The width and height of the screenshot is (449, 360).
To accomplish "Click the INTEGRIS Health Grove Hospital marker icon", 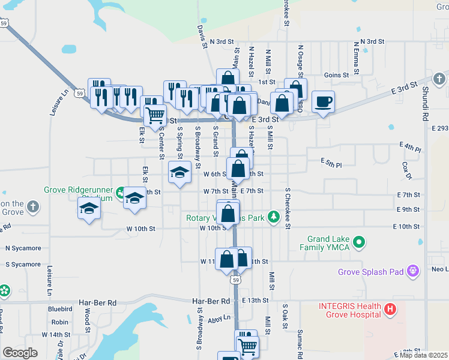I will point(390,310).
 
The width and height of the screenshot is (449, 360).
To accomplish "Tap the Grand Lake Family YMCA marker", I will point(360,242).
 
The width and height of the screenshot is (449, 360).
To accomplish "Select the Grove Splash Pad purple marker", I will point(412,272).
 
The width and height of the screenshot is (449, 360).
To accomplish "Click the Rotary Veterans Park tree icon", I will point(274,216).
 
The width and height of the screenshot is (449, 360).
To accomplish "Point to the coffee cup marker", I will point(323,102).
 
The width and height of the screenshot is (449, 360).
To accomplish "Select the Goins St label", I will point(336,75).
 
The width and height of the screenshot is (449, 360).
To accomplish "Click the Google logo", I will point(20,353).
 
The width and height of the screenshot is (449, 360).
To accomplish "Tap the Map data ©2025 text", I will point(423,355).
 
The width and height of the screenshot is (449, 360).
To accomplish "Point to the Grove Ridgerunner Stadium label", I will point(79,193).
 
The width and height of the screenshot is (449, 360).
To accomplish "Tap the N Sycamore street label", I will point(23,248).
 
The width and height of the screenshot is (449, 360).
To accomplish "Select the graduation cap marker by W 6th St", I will point(178,173).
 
